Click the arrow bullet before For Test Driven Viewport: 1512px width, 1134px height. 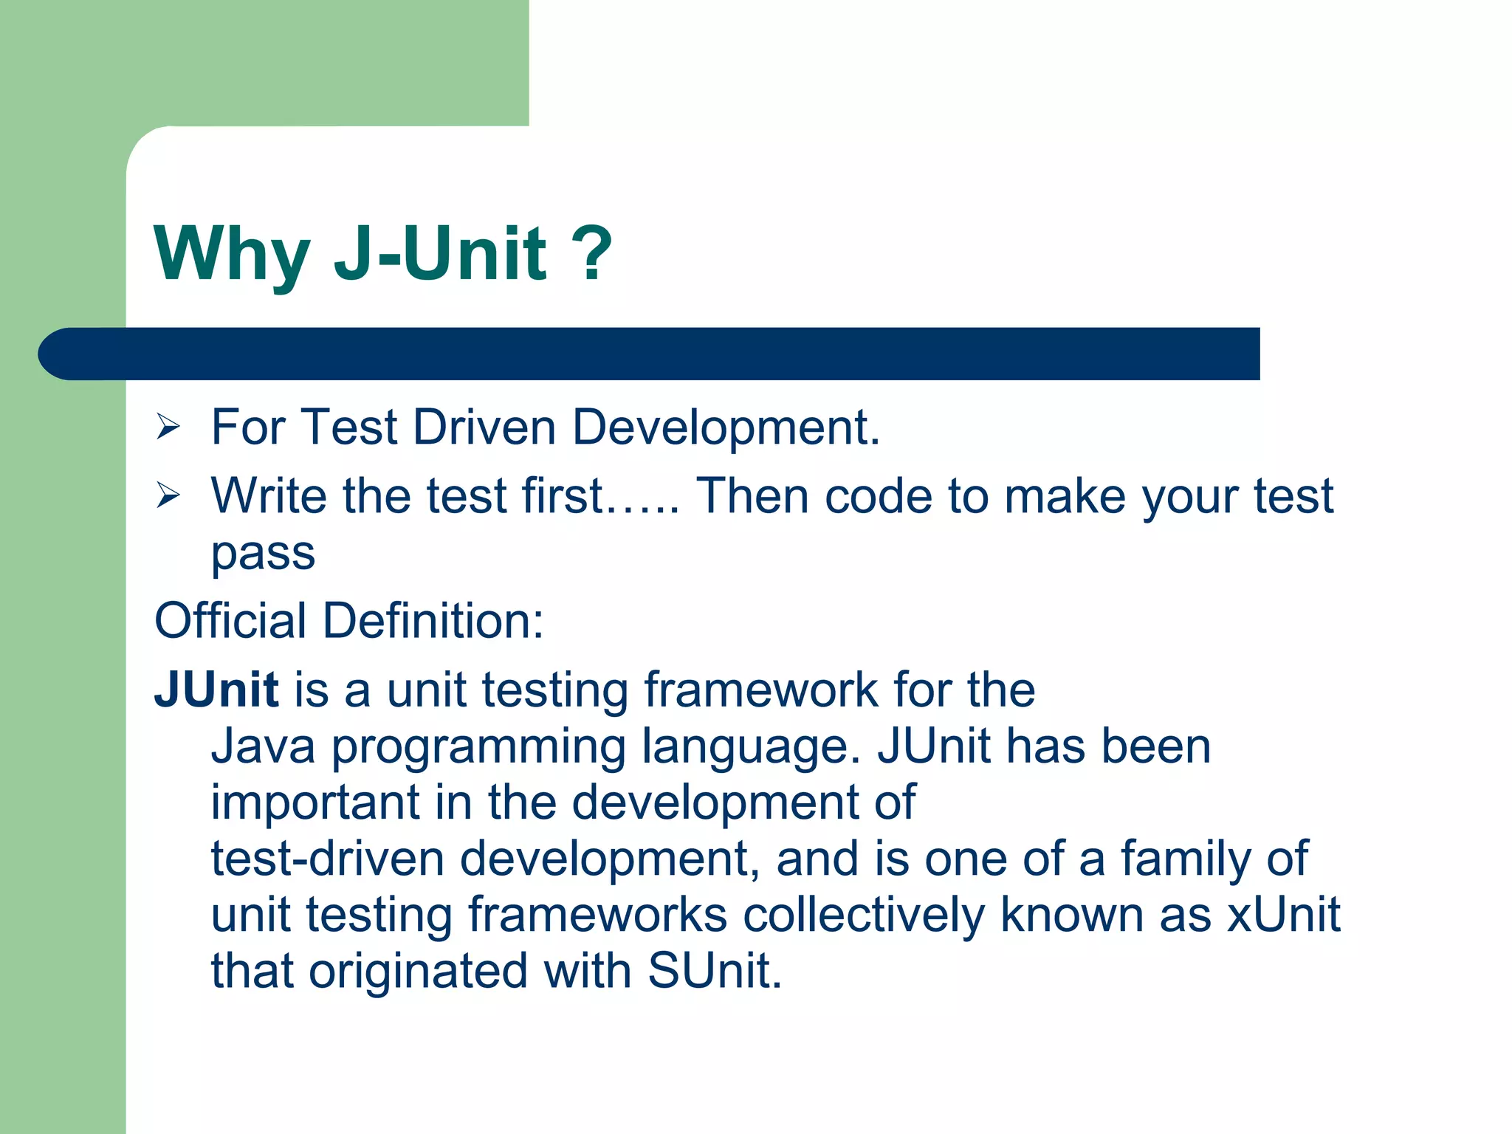click(168, 427)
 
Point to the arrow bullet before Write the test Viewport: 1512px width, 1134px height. click(168, 495)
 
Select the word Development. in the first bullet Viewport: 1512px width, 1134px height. click(726, 427)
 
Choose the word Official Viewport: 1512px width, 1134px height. click(230, 620)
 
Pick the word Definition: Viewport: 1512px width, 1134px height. click(433, 620)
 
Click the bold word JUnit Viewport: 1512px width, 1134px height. click(216, 690)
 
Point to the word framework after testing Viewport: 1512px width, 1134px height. click(760, 690)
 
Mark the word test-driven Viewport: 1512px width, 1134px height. click(327, 859)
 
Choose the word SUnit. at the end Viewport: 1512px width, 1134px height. click(715, 971)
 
